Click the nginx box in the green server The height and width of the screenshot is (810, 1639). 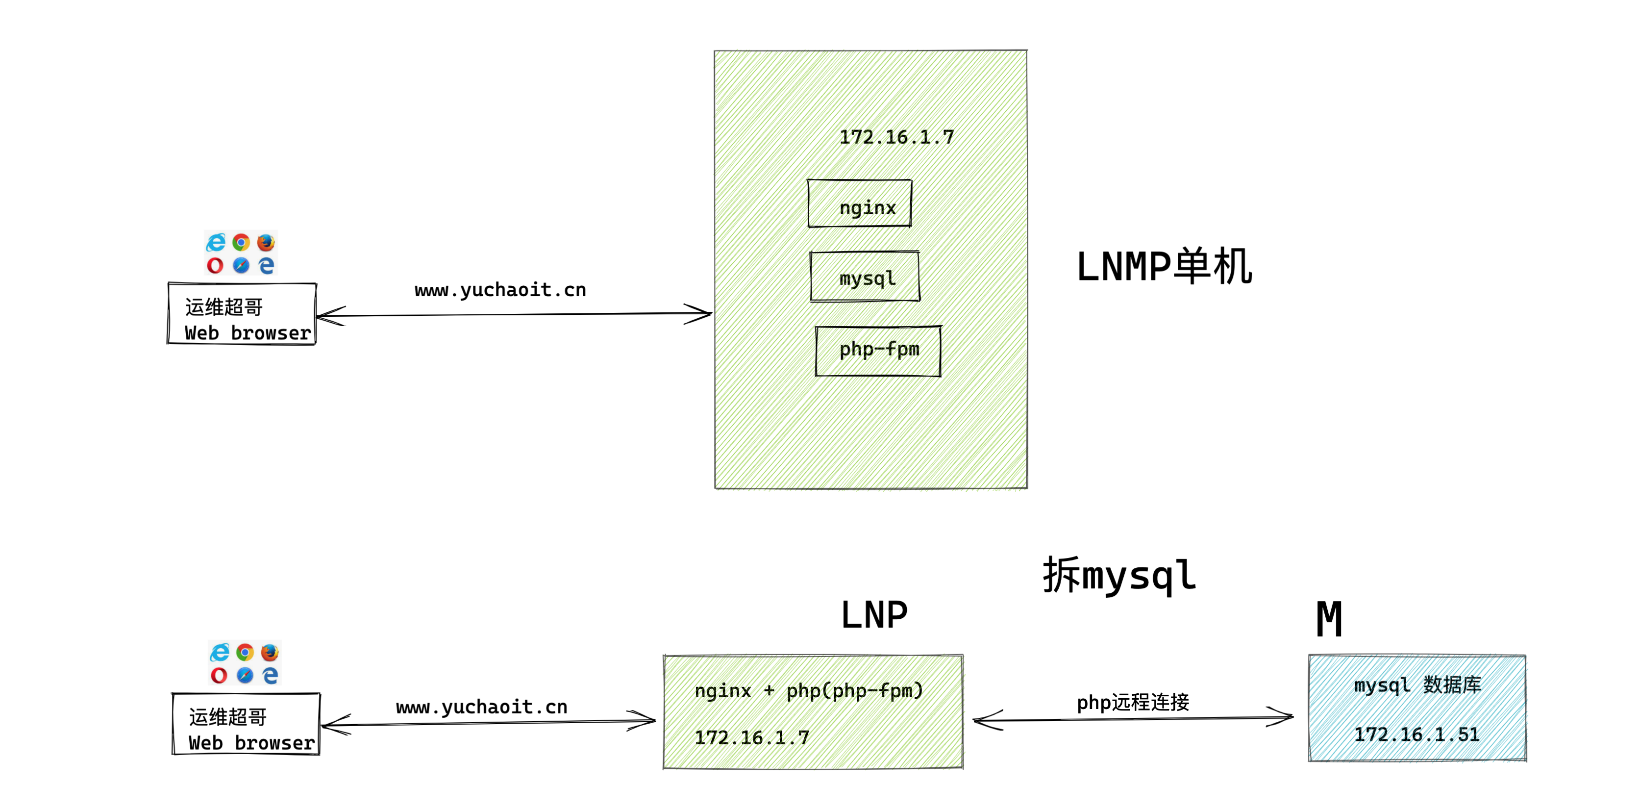pos(860,203)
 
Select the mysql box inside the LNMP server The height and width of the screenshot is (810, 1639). pos(865,277)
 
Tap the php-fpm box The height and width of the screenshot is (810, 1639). pos(878,351)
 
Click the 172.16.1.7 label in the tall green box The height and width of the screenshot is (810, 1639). pos(896,137)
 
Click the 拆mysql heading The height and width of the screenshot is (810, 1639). pos(1119,575)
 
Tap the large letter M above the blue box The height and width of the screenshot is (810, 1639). pos(1329,619)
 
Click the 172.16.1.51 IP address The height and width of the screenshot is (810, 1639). pos(1416,734)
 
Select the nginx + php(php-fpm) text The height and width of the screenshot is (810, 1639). pos(808,690)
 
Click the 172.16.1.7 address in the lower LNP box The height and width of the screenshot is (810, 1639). pos(751,737)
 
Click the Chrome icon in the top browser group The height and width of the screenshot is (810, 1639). pos(241,242)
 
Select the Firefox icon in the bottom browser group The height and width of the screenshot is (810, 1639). pos(270,652)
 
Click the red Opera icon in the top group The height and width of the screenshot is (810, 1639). pos(215,265)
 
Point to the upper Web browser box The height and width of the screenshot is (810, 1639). pos(242,314)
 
